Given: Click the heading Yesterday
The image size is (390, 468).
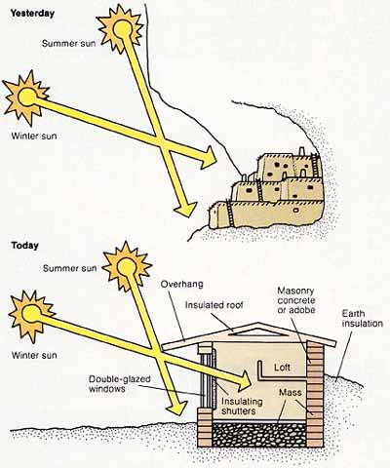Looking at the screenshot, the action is pos(32,14).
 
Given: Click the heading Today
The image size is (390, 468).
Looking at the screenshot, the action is pos(24,245).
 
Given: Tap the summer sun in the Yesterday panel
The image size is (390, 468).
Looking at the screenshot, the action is pos(121,29).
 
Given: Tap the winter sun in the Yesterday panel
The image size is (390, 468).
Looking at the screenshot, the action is pos(26,97).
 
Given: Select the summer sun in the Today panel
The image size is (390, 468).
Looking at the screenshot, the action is pos(126,267).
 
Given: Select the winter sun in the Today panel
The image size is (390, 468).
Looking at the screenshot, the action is pos(31,315).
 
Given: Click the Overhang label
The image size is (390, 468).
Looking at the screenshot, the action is pos(181,284).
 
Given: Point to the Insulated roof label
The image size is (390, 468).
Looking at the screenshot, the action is pos(214,305).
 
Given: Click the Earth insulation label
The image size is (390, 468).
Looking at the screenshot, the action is pos(363,319).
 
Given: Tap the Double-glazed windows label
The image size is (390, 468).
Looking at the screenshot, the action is pos(120,383).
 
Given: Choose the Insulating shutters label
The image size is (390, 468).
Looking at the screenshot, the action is pos(242,406).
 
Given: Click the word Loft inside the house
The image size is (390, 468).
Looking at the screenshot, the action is pos(282,368).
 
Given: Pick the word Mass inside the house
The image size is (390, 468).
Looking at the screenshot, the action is pos(291,392).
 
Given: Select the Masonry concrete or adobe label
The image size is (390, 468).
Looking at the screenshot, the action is pos(296,300).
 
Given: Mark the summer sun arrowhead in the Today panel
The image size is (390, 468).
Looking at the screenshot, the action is pos(177,406).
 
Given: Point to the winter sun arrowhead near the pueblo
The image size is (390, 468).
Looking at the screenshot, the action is pos(208,158).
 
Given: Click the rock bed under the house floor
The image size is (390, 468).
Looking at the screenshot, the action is pos(259,434).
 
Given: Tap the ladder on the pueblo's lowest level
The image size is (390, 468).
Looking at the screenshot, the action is pos(230,214).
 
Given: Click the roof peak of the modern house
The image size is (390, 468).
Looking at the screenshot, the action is pos(258,323).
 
